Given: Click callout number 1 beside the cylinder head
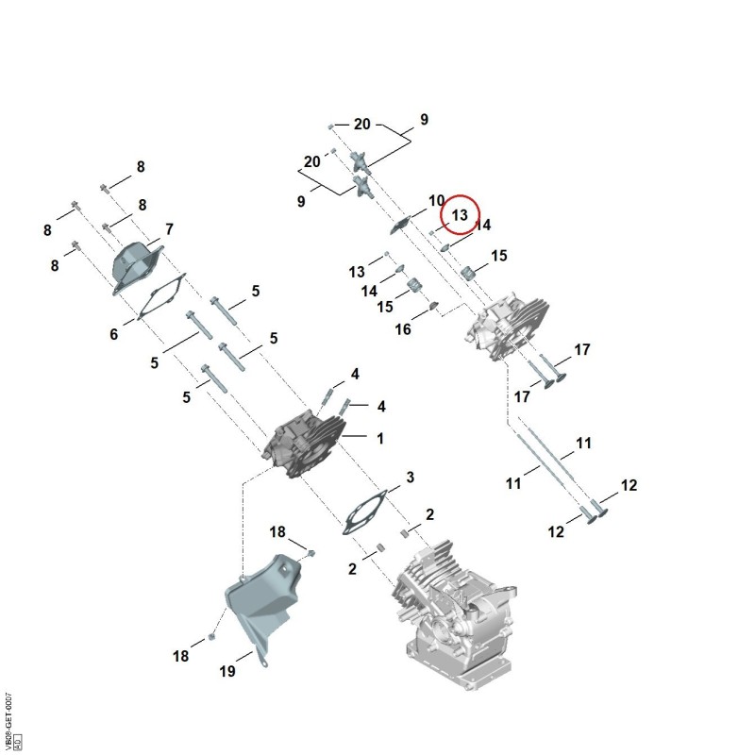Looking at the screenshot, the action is pos(380,439).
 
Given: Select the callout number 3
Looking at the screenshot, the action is pos(410,478).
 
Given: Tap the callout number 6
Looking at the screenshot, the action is pos(113,334).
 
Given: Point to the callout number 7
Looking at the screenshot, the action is pos(169,229).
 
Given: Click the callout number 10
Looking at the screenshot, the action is pos(436,200).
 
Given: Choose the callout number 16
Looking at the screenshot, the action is pos(403,329).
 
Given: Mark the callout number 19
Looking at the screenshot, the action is pos(227,671).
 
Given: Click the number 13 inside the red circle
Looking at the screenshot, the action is pos(460,215).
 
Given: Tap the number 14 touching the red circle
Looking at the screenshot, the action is pos(483,225).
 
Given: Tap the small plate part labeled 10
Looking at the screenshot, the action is pos(399,225).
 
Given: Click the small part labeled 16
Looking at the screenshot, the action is pos(433,306).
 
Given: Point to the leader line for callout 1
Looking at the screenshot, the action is pos(355,436).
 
